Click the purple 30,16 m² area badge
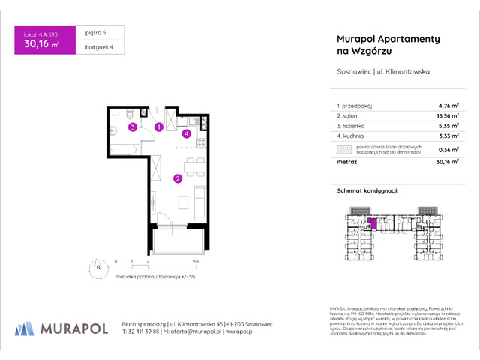[x=46, y=46]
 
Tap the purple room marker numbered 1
[x=158, y=127]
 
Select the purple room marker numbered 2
[x=177, y=178]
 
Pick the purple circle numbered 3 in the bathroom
[x=132, y=127]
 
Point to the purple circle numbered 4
[x=186, y=134]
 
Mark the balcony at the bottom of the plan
[x=176, y=241]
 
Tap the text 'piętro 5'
[x=97, y=34]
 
